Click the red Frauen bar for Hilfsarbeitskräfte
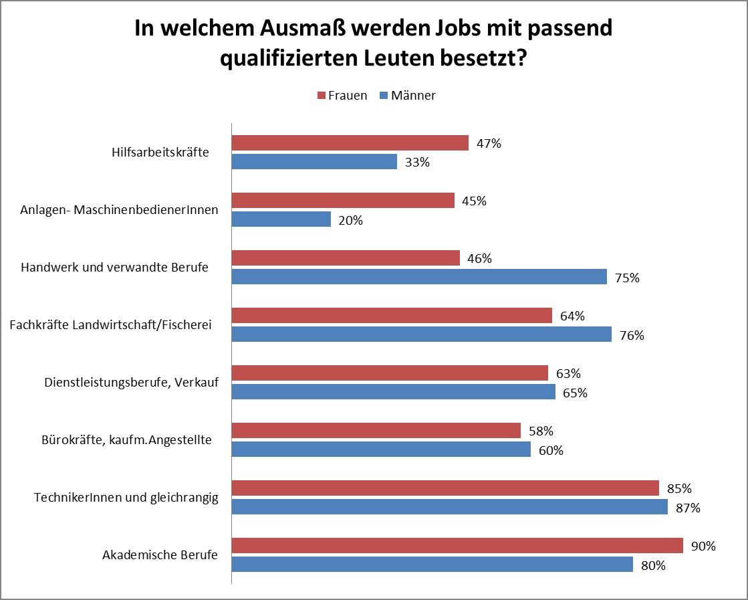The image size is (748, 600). pyautogui.click(x=350, y=143)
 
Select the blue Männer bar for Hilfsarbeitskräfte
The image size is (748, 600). pyautogui.click(x=314, y=162)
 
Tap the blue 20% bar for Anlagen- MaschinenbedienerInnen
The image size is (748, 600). pyautogui.click(x=281, y=219)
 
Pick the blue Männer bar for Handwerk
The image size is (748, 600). pyautogui.click(x=419, y=277)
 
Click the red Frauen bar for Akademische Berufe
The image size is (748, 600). pyautogui.click(x=457, y=546)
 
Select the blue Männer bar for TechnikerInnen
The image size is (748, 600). pyautogui.click(x=449, y=507)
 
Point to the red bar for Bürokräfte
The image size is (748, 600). pyautogui.click(x=376, y=431)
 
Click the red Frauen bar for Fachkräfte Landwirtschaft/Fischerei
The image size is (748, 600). pyautogui.click(x=392, y=316)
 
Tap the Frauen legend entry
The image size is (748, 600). pyautogui.click(x=342, y=96)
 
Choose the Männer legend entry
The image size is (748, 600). pyautogui.click(x=407, y=96)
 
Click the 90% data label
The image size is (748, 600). pyautogui.click(x=703, y=546)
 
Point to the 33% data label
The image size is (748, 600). pyautogui.click(x=417, y=163)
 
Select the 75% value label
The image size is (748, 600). pyautogui.click(x=627, y=278)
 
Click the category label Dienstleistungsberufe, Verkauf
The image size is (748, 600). pyautogui.click(x=131, y=383)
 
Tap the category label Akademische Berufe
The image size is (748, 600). pyautogui.click(x=160, y=555)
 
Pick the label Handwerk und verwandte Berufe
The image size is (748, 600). pyautogui.click(x=114, y=268)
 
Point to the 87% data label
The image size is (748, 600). pyautogui.click(x=688, y=508)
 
